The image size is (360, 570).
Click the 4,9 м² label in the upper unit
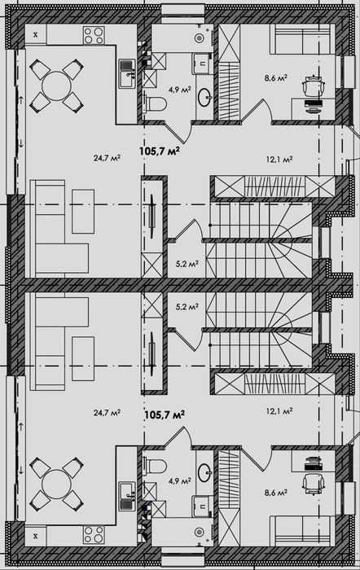[x=180, y=90]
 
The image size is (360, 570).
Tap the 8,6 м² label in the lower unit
[x=276, y=493]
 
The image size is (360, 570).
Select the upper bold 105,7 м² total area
[x=160, y=151]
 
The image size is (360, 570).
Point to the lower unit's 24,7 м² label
[x=107, y=413]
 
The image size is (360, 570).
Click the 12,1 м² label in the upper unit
[x=279, y=159]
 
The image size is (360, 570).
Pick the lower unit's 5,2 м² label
[x=187, y=306]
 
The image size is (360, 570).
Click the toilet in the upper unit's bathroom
[x=155, y=104]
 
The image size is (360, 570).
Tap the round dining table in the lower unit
[x=56, y=484]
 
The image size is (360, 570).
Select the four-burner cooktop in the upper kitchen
[x=94, y=35]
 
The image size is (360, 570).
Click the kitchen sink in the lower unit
[x=127, y=496]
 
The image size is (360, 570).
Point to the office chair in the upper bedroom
[x=314, y=85]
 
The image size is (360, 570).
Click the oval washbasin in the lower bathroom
[x=204, y=473]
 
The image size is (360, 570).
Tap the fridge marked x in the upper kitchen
[x=35, y=35]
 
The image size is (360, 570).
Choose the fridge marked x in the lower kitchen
[x=35, y=536]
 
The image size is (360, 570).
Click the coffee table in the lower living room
[x=83, y=359]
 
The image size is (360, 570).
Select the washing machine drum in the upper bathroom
[x=199, y=37]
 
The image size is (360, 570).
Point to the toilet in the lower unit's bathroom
[x=155, y=466]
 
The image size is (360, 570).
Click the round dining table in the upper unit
[x=56, y=85]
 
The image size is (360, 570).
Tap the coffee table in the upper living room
[x=83, y=211]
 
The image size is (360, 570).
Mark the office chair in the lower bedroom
[x=314, y=484]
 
